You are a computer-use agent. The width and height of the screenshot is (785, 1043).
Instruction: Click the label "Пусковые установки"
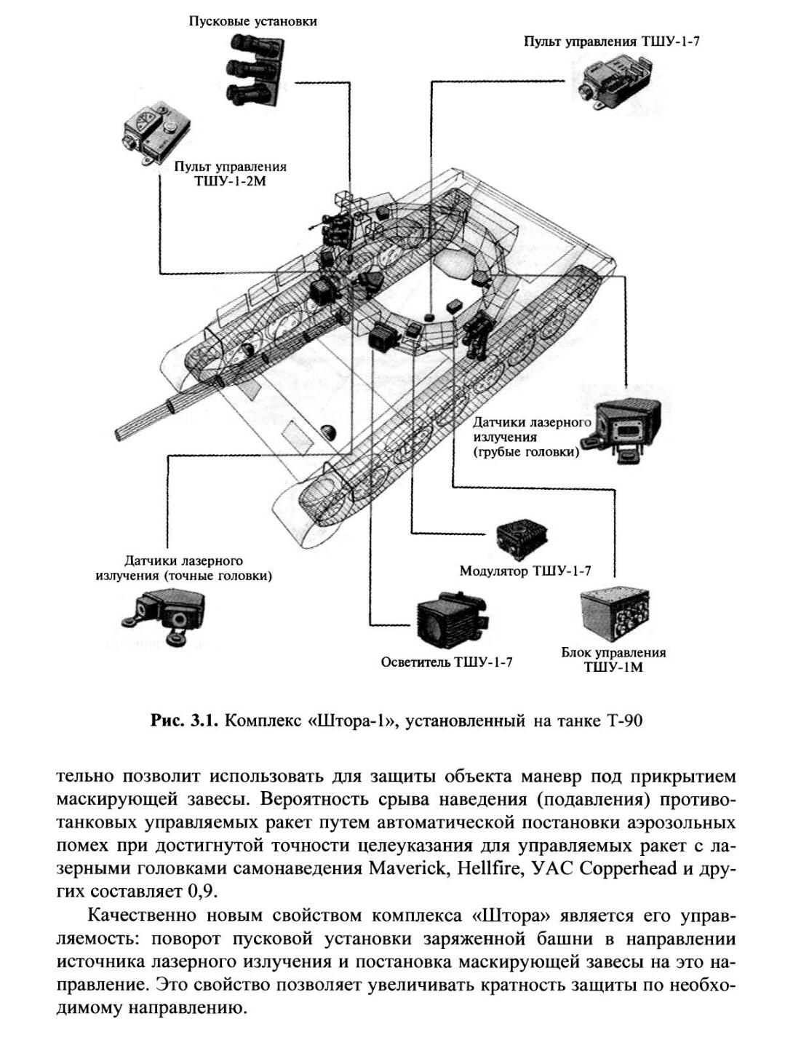252,21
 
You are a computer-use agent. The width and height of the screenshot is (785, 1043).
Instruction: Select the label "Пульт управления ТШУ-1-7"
612,41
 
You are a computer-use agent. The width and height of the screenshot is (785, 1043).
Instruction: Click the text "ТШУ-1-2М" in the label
230,181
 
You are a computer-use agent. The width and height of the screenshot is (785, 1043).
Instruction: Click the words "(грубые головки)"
526,452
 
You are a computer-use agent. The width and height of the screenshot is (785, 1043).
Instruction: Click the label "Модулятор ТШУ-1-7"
525,571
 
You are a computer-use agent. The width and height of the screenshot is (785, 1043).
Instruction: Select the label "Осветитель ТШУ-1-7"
447,662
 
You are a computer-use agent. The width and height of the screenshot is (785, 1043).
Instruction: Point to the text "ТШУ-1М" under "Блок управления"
613,667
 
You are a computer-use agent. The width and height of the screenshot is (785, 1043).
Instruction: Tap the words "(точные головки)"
218,576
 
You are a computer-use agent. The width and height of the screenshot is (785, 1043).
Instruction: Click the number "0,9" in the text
200,892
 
